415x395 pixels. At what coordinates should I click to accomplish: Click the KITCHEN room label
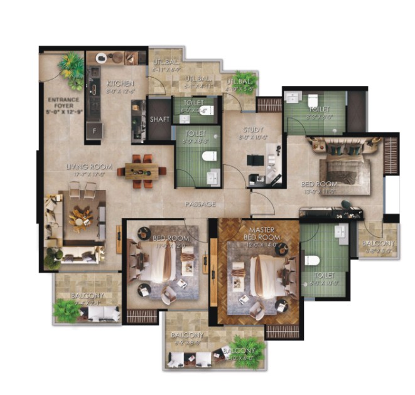pyautogui.click(x=117, y=83)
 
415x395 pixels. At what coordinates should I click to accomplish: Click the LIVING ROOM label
pyautogui.click(x=90, y=167)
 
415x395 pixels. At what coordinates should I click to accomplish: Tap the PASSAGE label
pyautogui.click(x=200, y=204)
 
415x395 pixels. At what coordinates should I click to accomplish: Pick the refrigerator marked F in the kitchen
pyautogui.click(x=94, y=130)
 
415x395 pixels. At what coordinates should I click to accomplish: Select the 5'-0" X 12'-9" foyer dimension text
pyautogui.click(x=63, y=113)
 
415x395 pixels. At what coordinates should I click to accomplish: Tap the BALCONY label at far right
pyautogui.click(x=379, y=244)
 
